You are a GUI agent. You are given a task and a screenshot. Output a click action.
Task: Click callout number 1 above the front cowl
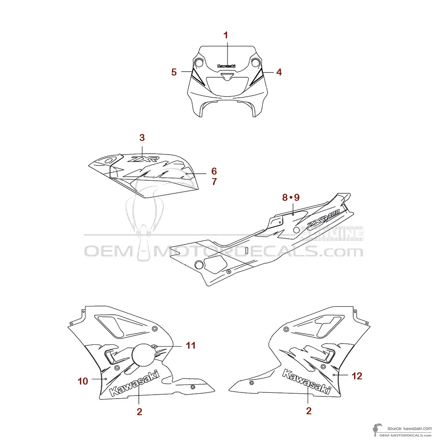coord(226,35)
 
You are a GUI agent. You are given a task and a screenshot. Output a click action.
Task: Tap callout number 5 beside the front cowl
coord(174,72)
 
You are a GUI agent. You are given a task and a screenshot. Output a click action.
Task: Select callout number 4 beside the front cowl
coord(279,72)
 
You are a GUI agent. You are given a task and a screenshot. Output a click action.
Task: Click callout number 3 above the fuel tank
coord(142,138)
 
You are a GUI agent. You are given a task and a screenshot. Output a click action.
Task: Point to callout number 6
coord(214,171)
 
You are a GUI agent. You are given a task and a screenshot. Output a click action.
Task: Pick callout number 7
coord(214,182)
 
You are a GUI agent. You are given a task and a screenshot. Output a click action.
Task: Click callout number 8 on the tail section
coord(285,197)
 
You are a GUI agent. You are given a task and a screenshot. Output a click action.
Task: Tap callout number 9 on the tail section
coord(297,197)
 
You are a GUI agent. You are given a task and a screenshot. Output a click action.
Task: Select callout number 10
coord(83,381)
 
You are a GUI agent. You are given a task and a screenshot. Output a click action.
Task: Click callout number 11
coord(190,345)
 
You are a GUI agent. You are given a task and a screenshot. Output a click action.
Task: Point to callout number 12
coord(357,375)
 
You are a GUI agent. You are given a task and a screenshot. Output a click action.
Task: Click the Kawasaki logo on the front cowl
coord(226,66)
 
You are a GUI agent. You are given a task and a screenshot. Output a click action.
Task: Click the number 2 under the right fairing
coord(309,411)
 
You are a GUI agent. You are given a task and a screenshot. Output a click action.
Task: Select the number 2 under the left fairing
coord(139,411)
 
